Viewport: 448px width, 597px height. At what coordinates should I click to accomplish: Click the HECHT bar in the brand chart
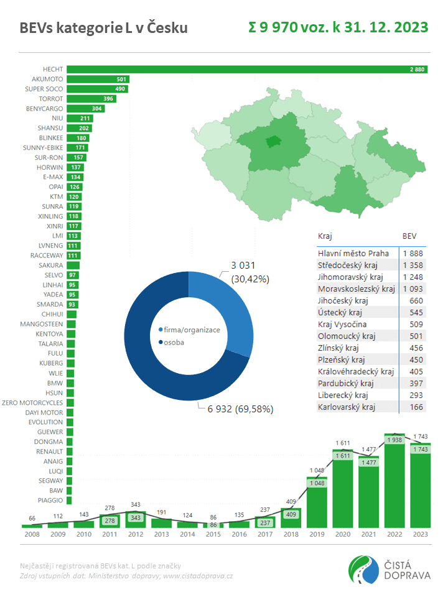[x=246, y=69]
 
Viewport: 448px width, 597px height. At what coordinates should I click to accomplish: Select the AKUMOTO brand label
[x=47, y=79]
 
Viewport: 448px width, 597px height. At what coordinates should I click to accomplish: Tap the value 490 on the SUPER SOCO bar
[x=120, y=89]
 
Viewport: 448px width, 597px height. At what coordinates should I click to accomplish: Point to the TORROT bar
[x=91, y=99]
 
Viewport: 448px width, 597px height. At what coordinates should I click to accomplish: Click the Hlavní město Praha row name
[x=353, y=253]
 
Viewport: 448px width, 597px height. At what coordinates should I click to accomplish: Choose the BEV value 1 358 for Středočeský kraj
[x=413, y=265]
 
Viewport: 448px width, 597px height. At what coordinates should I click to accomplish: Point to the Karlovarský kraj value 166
[x=416, y=407]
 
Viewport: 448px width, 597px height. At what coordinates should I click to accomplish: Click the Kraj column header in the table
[x=325, y=236]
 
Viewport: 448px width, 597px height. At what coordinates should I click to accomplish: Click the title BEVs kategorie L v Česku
[x=103, y=28]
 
